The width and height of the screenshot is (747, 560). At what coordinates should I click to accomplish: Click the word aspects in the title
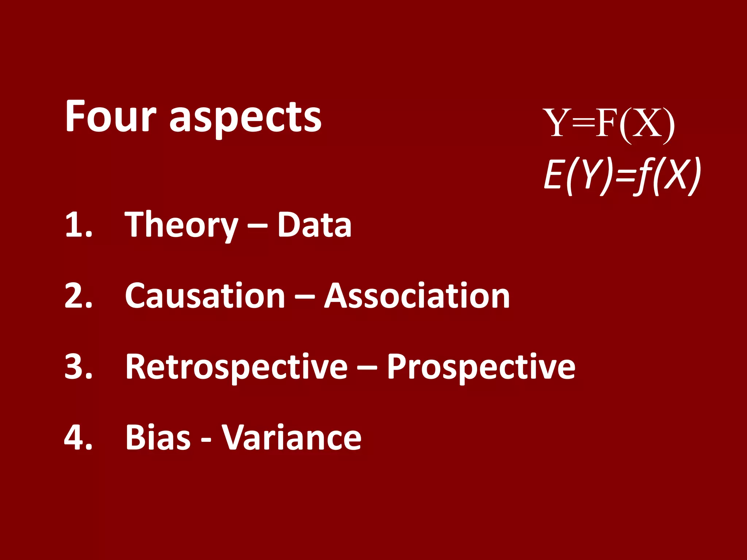(245, 118)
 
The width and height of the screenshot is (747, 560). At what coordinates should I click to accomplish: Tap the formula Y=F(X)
(609, 124)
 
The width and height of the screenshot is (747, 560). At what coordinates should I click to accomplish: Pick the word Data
(314, 225)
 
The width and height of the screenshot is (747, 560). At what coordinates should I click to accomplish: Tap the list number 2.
(78, 296)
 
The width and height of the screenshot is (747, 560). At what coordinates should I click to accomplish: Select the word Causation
(205, 296)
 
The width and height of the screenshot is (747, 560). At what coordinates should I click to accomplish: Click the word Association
(417, 296)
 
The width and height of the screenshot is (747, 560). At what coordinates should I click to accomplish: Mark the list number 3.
(78, 366)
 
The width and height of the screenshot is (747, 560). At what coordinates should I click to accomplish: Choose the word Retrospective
(236, 367)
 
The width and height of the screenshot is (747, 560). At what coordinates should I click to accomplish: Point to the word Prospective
(481, 367)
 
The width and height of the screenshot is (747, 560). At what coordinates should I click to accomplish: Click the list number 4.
(78, 437)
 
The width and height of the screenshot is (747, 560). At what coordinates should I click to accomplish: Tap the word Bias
(158, 437)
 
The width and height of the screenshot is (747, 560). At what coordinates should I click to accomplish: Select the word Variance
(291, 437)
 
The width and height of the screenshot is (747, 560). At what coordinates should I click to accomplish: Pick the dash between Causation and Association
(305, 297)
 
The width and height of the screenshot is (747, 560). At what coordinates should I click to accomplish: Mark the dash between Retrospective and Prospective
(367, 369)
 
